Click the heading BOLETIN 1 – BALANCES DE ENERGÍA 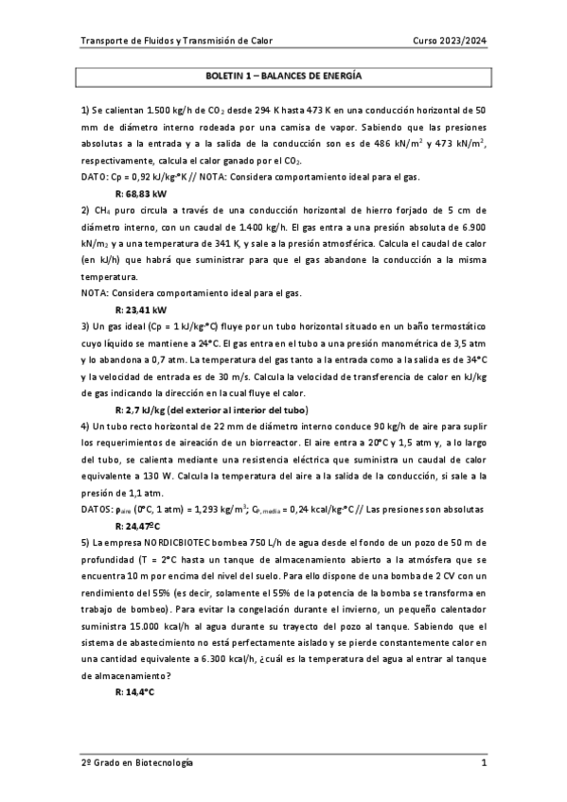(x=284, y=73)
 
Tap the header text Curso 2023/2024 (x=451, y=41)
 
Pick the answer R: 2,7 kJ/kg (x=140, y=410)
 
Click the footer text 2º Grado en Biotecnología (x=137, y=762)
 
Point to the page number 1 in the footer (x=483, y=762)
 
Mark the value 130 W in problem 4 (x=155, y=476)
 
